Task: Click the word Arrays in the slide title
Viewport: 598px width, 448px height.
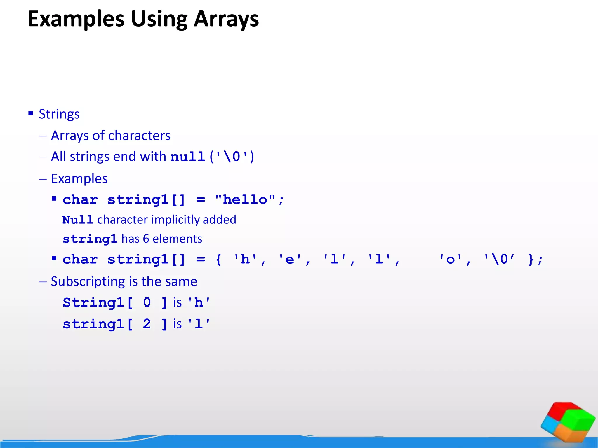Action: [226, 19]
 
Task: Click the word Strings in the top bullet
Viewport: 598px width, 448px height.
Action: [59, 114]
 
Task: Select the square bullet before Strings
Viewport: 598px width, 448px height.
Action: [31, 113]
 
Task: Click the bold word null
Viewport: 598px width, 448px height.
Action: [187, 157]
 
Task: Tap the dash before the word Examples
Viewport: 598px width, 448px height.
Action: [43, 179]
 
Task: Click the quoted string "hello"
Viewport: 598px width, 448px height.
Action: [245, 200]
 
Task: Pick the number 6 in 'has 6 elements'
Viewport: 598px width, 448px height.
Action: [146, 239]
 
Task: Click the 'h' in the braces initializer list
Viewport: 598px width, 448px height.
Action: [245, 259]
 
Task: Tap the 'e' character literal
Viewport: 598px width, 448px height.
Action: [290, 259]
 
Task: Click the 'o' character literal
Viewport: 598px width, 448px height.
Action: [451, 259]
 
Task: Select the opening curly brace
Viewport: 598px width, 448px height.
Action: [218, 259]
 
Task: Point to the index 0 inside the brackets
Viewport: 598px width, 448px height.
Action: [147, 302]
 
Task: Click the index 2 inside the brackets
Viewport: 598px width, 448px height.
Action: [147, 324]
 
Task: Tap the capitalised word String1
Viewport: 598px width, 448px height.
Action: [93, 302]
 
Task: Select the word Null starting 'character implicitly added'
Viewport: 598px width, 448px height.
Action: [77, 220]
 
